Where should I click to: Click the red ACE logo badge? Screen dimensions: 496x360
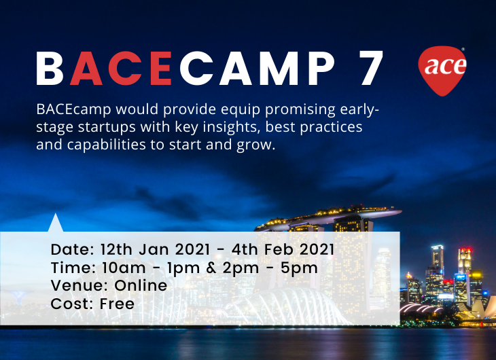[442, 71]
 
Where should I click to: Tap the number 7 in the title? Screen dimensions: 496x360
[371, 68]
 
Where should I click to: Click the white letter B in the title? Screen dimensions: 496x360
[50, 68]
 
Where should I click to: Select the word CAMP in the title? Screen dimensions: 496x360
[258, 68]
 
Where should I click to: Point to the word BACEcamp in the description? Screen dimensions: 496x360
[73, 109]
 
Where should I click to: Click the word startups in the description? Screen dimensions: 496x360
[107, 128]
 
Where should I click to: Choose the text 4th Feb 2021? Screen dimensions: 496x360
[283, 249]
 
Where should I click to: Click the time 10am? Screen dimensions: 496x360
[124, 268]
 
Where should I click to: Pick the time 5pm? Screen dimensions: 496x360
[299, 268]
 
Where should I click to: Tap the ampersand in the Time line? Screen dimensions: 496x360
[211, 268]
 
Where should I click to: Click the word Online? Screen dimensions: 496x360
[141, 285]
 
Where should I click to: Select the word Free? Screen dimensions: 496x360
[117, 304]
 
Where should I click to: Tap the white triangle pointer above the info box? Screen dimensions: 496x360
[56, 223]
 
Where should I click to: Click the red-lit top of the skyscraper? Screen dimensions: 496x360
[465, 251]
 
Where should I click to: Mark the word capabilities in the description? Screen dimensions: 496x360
[106, 145]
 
